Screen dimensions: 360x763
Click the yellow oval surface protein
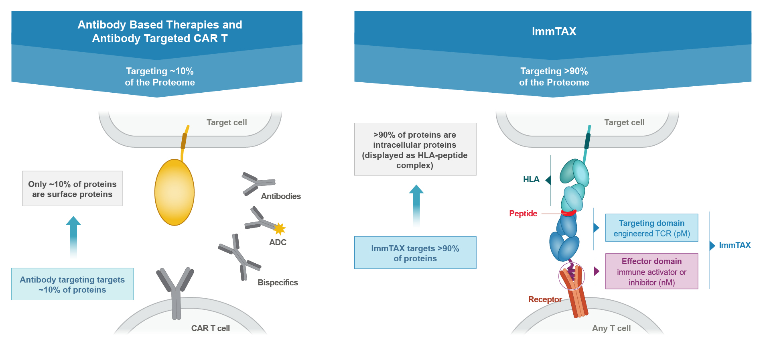click(175, 192)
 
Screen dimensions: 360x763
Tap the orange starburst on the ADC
click(279, 229)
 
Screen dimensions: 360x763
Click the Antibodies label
click(281, 196)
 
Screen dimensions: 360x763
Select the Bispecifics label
click(278, 283)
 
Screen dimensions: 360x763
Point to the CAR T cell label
click(210, 328)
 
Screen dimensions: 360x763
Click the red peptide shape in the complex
click(568, 213)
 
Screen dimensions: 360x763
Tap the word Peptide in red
click(523, 214)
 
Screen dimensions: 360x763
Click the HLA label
click(531, 179)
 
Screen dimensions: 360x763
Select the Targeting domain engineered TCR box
click(651, 228)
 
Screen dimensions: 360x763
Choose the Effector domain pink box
click(651, 271)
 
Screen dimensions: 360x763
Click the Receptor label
click(545, 299)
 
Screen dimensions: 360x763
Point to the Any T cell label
click(611, 328)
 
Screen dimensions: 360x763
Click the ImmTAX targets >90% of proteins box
click(415, 253)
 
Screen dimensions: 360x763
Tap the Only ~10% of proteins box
click(72, 189)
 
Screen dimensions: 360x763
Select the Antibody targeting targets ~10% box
click(72, 284)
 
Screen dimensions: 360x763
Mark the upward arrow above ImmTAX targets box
click(416, 205)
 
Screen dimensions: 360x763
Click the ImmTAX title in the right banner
click(554, 31)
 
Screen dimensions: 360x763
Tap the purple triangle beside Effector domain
click(597, 271)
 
